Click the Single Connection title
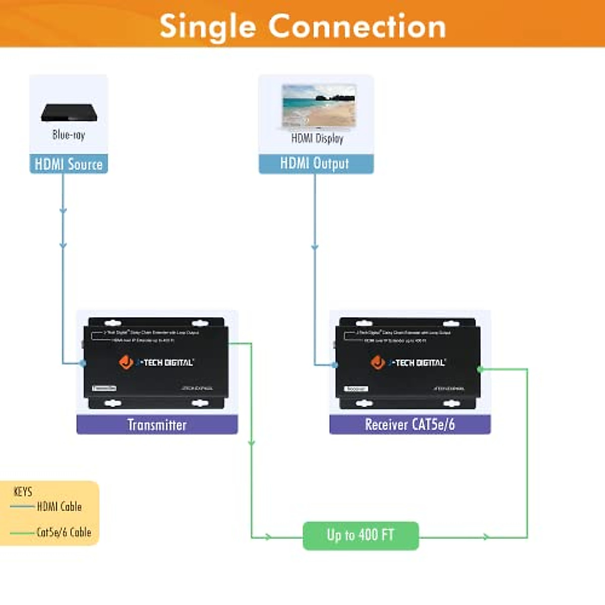coord(302,26)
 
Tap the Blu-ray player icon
coord(69,112)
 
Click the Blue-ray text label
coord(69,135)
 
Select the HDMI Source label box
coord(69,164)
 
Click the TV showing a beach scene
coord(319,106)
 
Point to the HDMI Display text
coord(317,138)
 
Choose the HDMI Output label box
coord(316,164)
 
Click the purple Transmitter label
coord(157,425)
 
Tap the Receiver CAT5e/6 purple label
coord(409,425)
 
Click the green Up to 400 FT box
coord(360,535)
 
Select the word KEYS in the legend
coord(23,492)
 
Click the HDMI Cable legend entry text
coord(59,507)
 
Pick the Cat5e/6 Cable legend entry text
coord(64,532)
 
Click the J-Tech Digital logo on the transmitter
coord(156,362)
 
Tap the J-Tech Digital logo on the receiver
coord(408,362)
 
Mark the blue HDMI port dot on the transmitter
coord(83,363)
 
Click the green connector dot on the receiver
coord(480,369)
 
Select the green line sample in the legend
coord(22,532)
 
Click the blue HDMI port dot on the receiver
coord(334,364)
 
